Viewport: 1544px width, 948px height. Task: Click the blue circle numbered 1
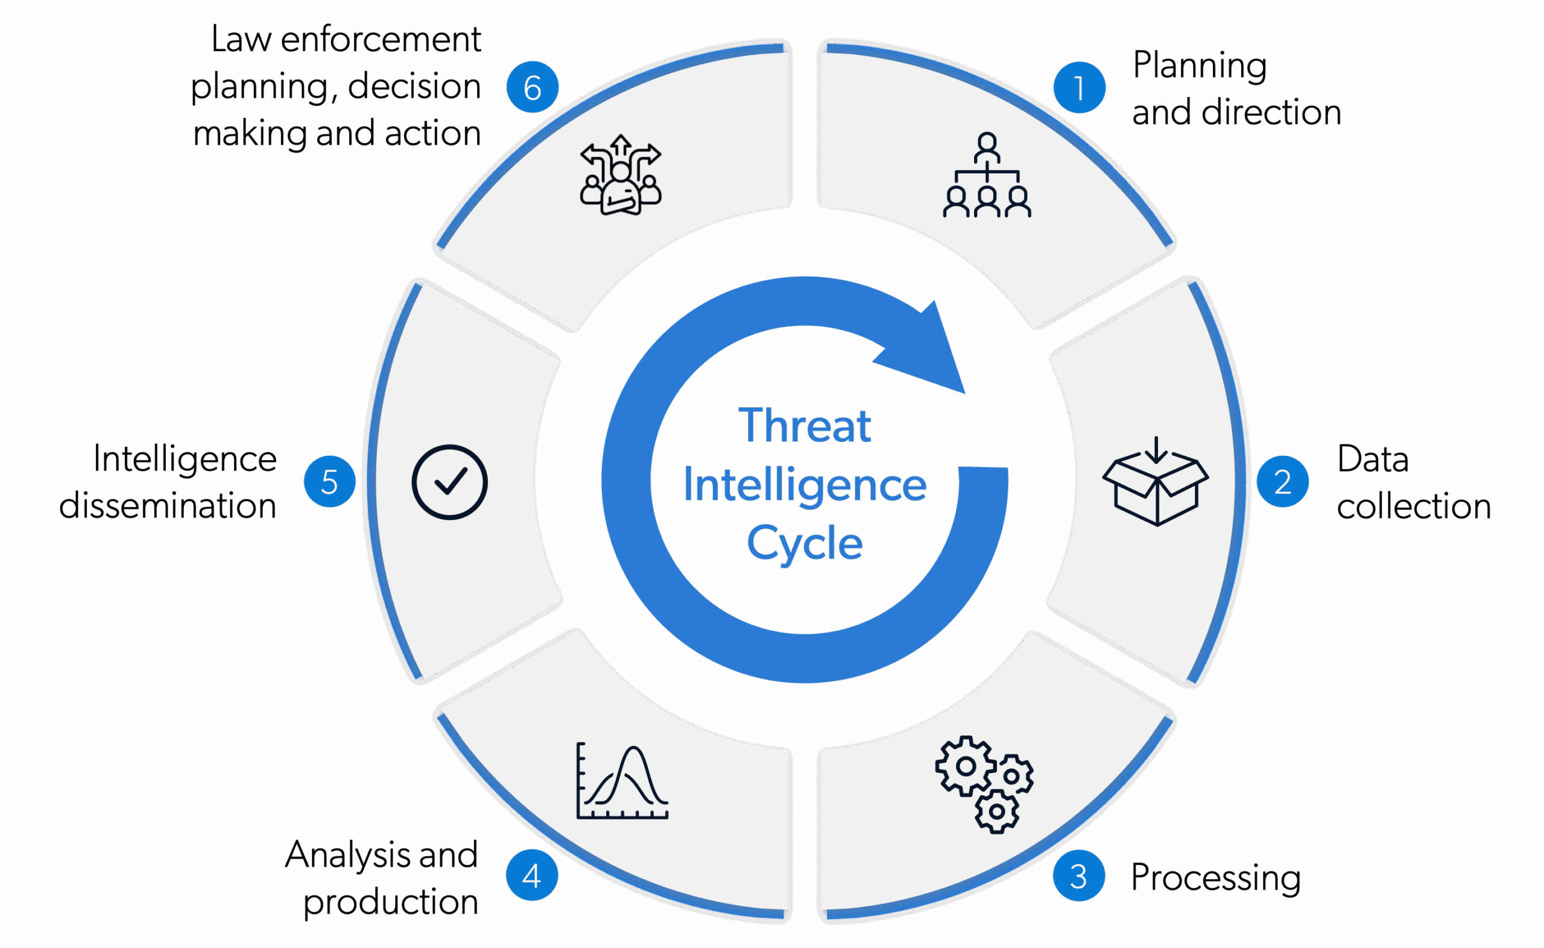click(1079, 88)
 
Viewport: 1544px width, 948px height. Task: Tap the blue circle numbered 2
click(1283, 481)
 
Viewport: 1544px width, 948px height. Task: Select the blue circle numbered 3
click(1078, 876)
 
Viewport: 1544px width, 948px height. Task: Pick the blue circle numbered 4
click(531, 876)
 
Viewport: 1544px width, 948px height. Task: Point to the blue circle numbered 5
click(329, 481)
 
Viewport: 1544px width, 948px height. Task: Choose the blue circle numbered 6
click(532, 88)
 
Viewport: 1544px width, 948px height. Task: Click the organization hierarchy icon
click(987, 175)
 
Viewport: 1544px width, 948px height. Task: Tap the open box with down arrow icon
click(1156, 481)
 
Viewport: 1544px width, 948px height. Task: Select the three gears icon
click(984, 785)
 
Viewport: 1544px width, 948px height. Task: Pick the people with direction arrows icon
click(621, 175)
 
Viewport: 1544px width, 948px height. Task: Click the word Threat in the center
click(805, 426)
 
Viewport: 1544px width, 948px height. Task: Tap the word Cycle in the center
click(805, 542)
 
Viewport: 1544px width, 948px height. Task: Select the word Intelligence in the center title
click(805, 485)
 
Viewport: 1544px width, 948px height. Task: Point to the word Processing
click(1215, 877)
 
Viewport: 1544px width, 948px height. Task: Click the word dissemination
click(168, 505)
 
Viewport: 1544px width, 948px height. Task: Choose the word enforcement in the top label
click(381, 40)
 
